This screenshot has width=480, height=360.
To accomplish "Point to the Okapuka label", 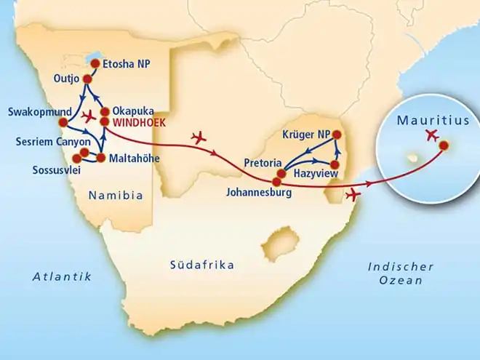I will (x=132, y=111).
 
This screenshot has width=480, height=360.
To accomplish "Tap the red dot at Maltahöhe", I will (x=101, y=158).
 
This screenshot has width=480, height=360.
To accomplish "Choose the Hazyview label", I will (x=313, y=175).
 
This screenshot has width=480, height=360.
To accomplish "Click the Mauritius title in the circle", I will (x=433, y=121).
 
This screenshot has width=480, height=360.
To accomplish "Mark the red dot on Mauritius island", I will (x=444, y=145).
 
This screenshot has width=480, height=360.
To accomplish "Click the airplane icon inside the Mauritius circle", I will (x=433, y=135).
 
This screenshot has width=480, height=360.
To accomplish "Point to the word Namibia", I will (x=115, y=195).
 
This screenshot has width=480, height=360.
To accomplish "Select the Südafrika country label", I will (x=201, y=265).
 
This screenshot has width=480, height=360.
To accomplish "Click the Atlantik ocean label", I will (x=61, y=276).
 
